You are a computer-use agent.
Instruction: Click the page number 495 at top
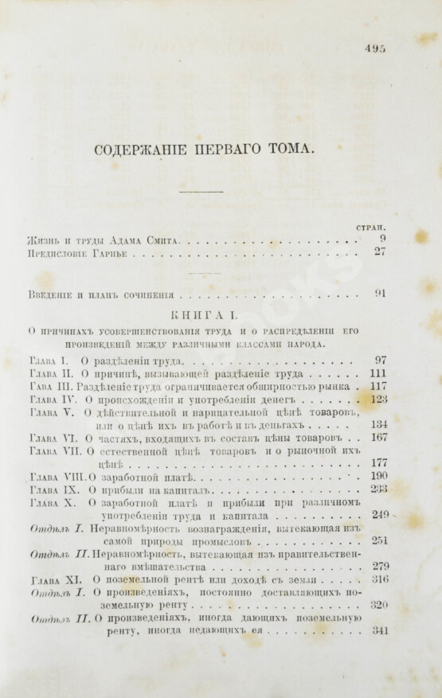(376, 48)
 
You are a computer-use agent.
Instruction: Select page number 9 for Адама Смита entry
(383, 239)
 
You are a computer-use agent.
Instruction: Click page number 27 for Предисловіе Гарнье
(381, 253)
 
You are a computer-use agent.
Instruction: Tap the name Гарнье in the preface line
(111, 255)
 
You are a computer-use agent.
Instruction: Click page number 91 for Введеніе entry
(381, 294)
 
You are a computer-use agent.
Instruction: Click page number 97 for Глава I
(381, 360)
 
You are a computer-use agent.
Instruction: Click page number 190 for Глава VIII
(379, 476)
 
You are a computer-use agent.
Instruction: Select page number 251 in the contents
(379, 541)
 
